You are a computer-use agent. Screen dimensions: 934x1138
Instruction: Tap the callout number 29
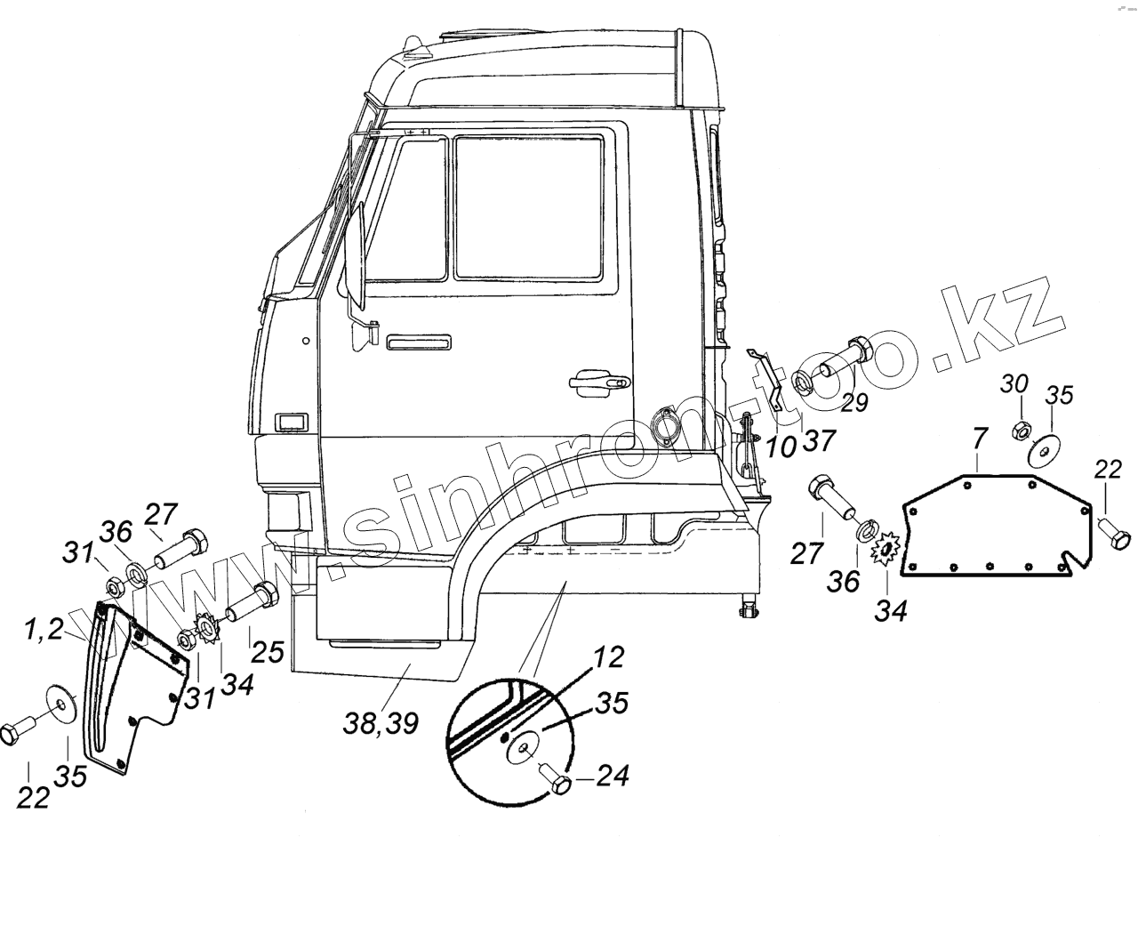coord(854,402)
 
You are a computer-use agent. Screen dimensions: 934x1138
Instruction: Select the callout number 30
coord(1014,385)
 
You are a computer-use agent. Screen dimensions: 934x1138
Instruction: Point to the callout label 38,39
coord(381,724)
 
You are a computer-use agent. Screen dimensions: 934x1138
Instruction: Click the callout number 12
coord(611,659)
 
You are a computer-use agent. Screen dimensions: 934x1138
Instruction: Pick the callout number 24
coord(613,776)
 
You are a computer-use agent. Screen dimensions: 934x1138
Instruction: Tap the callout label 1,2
coord(44,632)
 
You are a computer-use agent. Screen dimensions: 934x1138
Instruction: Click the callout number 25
coord(267,651)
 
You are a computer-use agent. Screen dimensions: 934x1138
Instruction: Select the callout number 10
coord(781,447)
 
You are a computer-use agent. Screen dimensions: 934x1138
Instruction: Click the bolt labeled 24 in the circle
coord(557,783)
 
